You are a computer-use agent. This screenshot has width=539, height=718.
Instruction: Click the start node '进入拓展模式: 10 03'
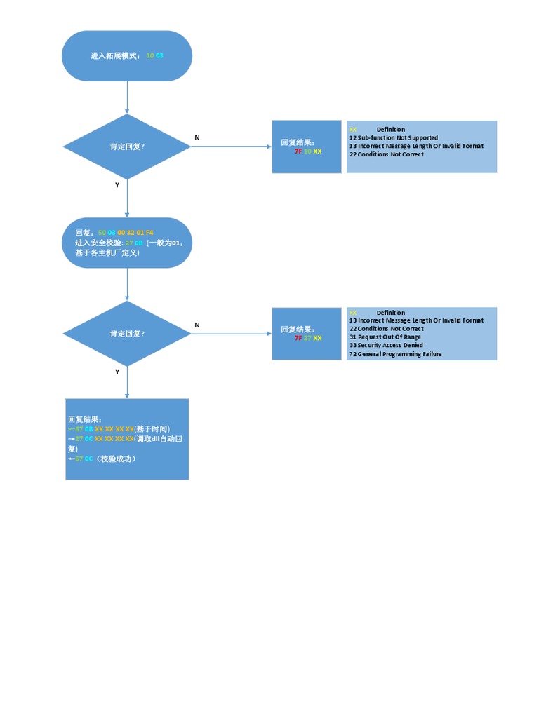coord(127,55)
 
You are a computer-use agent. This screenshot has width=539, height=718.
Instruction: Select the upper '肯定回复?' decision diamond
coord(127,147)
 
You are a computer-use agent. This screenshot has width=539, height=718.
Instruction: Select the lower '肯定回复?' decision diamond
coord(127,334)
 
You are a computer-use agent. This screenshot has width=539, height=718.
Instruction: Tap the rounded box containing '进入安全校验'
coord(127,243)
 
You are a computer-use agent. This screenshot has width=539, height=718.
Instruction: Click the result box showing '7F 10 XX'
coord(307,147)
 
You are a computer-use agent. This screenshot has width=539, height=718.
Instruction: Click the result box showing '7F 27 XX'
coord(307,334)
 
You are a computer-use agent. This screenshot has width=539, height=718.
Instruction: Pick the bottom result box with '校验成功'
coord(127,439)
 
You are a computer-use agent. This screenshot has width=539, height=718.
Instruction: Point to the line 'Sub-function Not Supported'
coord(397,138)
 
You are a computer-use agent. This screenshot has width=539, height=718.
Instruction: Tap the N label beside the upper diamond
coord(197,138)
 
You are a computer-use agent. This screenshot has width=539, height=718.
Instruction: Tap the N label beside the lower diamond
coord(197,325)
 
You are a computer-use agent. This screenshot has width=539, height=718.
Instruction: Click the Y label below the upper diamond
coord(117,185)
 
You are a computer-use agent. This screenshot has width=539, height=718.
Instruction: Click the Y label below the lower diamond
coord(117,372)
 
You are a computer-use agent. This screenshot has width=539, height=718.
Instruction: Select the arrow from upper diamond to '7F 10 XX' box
coord(232,147)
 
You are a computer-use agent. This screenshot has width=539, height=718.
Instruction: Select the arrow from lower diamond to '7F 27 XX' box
coord(232,334)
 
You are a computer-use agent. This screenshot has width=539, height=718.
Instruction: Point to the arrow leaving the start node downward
coord(127,97)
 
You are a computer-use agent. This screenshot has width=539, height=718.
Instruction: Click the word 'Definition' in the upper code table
coord(391,130)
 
